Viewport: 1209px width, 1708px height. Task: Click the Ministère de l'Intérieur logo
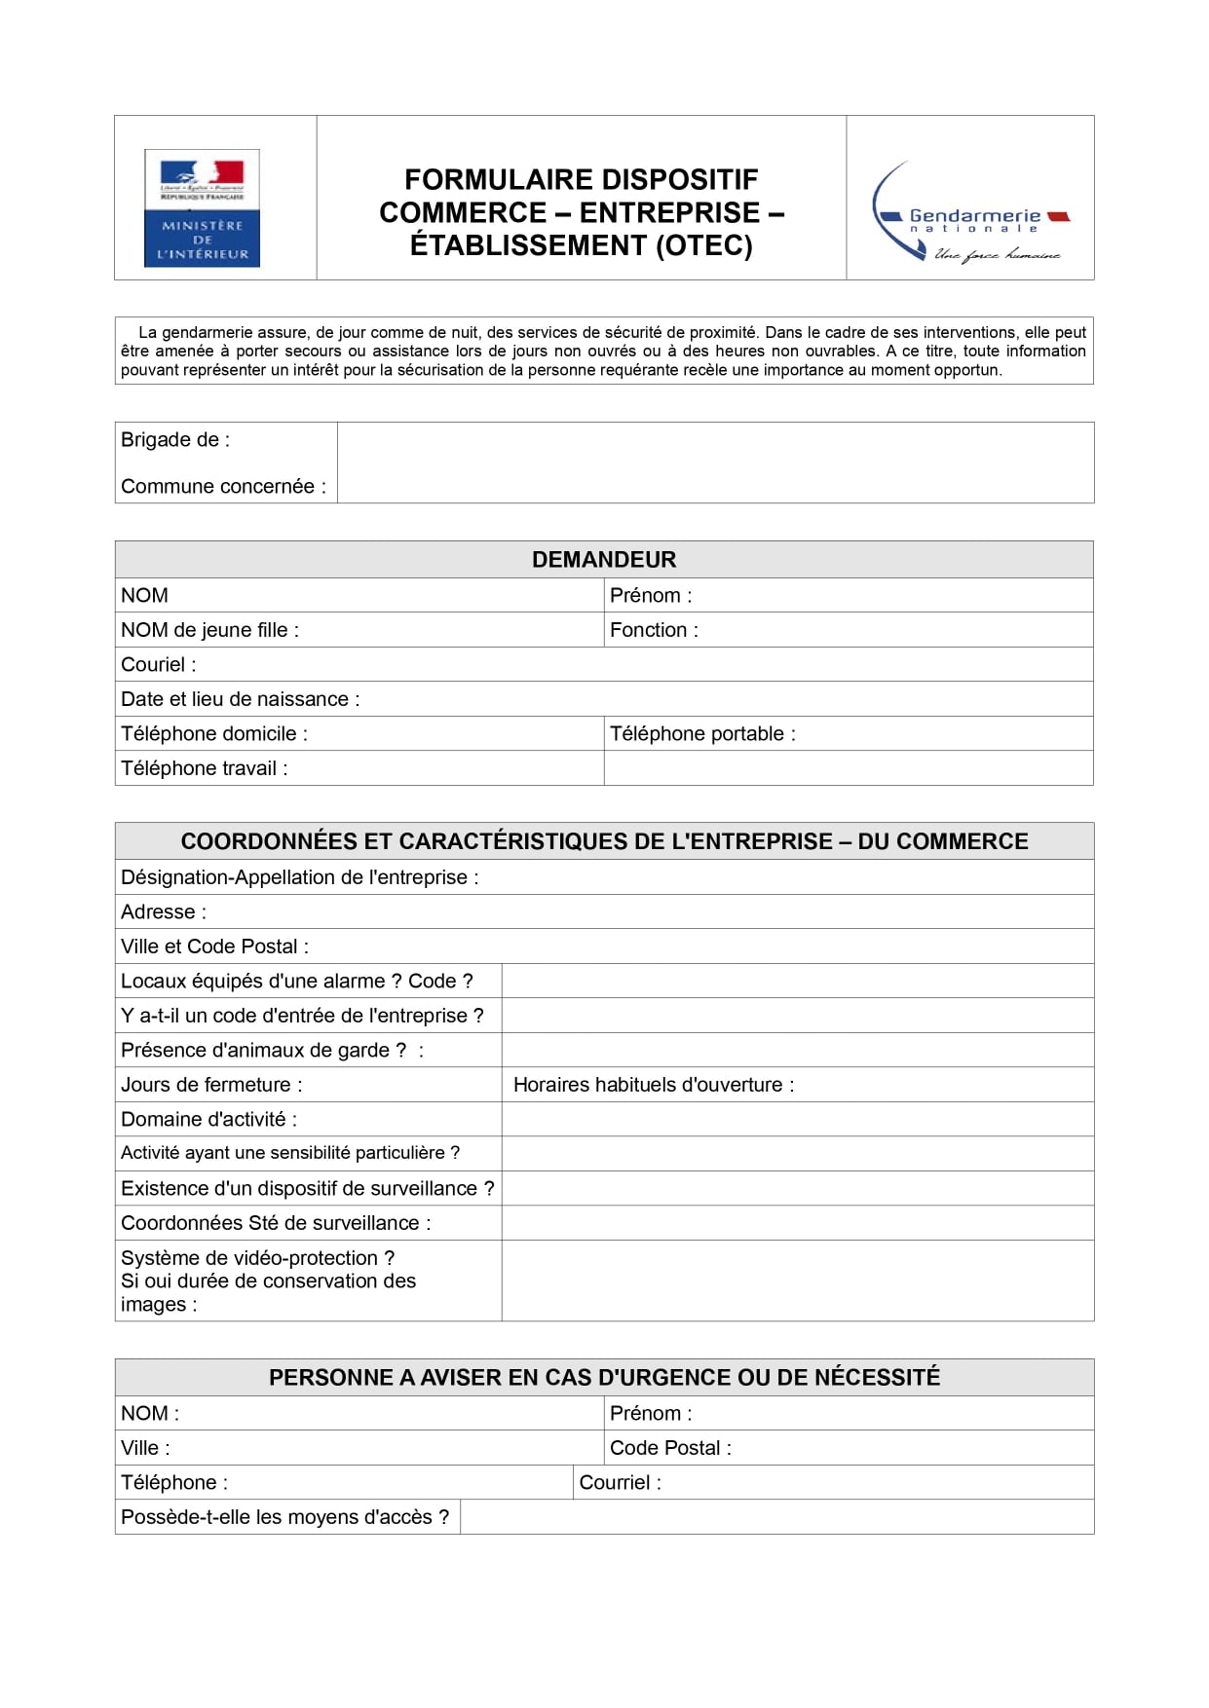click(202, 207)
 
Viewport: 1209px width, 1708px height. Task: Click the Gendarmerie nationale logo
click(970, 213)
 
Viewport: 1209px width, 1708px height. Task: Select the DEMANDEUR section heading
click(604, 560)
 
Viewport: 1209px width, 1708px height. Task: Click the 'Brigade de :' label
click(175, 440)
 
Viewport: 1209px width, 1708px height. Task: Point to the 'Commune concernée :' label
click(223, 487)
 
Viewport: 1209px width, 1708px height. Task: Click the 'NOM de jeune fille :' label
click(209, 630)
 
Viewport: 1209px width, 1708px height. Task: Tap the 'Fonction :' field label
click(654, 630)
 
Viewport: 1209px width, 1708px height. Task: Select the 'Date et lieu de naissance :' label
click(240, 699)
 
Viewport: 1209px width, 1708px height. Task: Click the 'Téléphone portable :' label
click(702, 734)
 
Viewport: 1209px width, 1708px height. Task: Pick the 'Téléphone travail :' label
click(204, 768)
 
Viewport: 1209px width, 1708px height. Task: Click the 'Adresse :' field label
click(164, 912)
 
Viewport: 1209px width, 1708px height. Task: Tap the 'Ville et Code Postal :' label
click(214, 947)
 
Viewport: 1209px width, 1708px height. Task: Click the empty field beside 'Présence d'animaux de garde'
click(797, 1050)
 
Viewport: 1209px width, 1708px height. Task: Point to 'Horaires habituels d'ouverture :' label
click(654, 1085)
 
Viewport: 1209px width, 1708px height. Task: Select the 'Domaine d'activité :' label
click(208, 1120)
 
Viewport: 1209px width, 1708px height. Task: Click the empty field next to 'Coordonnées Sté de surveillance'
click(797, 1223)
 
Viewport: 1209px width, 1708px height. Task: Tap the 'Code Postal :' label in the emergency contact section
click(670, 1448)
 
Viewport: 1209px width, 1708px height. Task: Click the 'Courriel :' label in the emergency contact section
click(620, 1483)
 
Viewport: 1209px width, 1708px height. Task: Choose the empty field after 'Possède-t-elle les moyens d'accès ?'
click(776, 1517)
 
